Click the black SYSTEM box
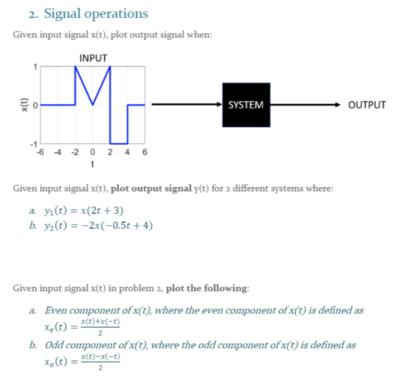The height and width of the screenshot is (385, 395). (x=246, y=105)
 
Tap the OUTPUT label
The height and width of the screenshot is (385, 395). (x=366, y=105)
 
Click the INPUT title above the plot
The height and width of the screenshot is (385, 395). (x=93, y=58)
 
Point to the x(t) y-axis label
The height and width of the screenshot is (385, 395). (x=24, y=105)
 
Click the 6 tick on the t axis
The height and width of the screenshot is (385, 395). (x=145, y=152)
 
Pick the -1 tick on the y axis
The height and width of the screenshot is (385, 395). (x=34, y=144)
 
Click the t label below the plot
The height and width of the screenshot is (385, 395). (x=93, y=164)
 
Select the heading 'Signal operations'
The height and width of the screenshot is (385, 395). (x=96, y=14)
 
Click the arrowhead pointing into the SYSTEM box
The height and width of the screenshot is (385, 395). (x=219, y=105)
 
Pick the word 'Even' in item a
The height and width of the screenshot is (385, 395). (x=56, y=310)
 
